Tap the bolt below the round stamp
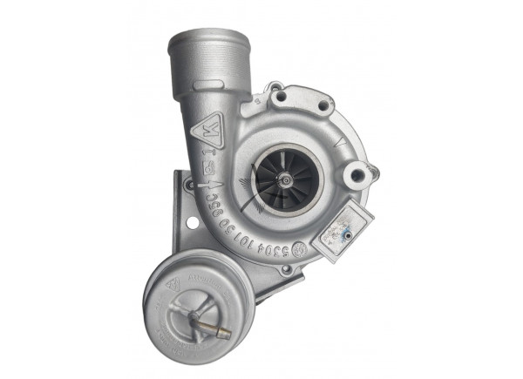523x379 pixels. click(288, 268)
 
